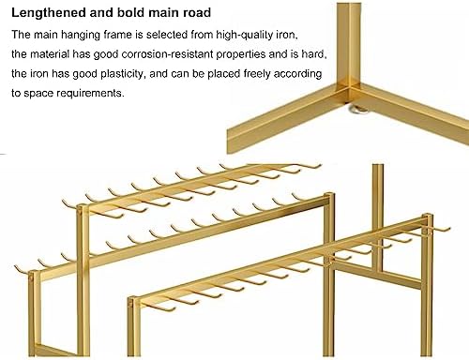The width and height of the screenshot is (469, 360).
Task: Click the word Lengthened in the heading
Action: click(49, 13)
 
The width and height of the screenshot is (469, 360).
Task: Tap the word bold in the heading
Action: click(130, 13)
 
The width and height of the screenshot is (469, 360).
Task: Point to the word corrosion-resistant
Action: click(167, 54)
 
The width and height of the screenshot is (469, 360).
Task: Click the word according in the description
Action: click(297, 74)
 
